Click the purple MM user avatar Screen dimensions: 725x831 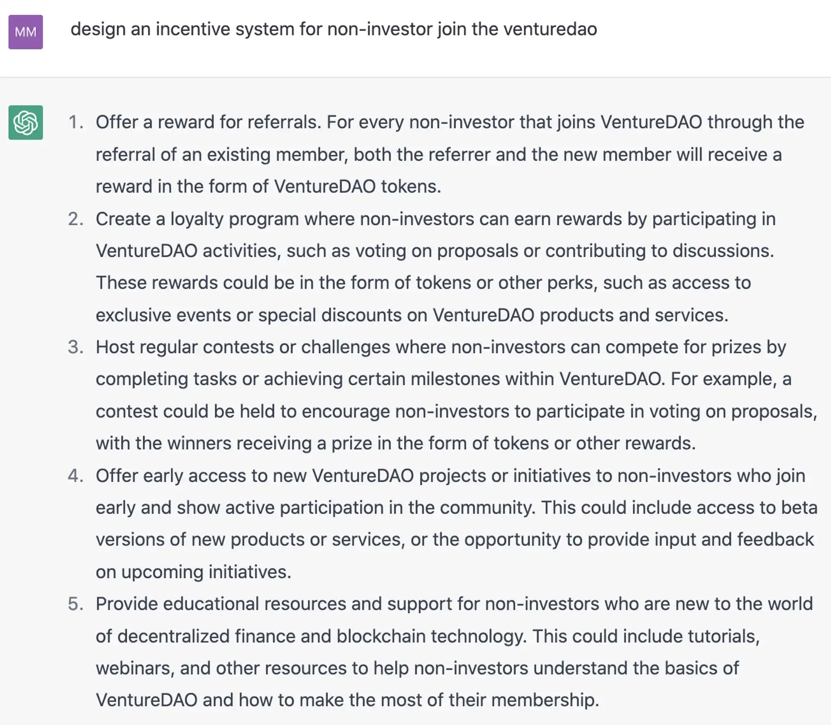(26, 32)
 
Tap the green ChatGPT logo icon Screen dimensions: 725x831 (26, 123)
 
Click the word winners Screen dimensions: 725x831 (198, 443)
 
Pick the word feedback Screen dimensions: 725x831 (775, 540)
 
